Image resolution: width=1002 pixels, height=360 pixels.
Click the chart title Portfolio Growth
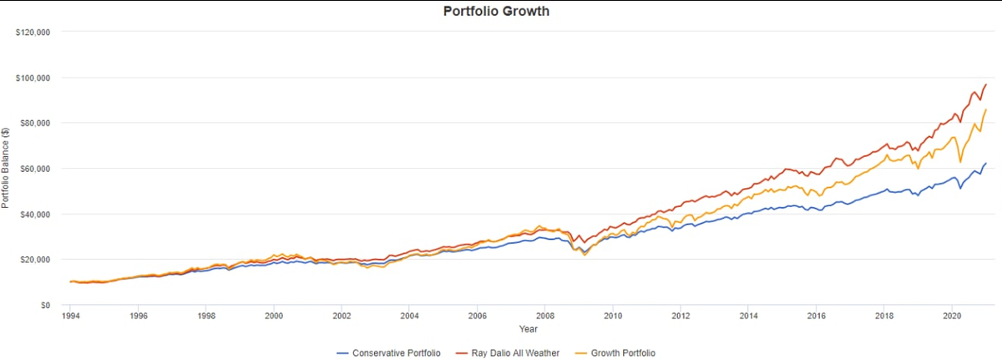point(496,12)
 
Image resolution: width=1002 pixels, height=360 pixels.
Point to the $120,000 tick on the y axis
point(34,33)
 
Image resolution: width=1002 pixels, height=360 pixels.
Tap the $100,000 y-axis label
point(34,78)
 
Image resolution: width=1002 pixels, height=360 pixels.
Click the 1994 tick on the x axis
point(71,317)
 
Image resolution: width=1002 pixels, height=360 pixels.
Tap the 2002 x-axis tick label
point(342,317)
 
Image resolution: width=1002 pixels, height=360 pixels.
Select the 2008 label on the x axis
point(544,317)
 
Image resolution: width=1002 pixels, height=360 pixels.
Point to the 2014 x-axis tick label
point(748,317)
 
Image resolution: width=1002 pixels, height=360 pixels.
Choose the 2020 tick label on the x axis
point(951,317)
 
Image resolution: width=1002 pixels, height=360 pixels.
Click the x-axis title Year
point(528,329)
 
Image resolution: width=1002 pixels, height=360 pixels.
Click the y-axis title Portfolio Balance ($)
point(7,168)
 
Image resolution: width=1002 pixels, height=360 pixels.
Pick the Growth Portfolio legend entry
point(619,353)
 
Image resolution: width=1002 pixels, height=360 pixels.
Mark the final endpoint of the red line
point(986,84)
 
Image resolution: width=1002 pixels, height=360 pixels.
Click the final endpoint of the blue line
point(986,164)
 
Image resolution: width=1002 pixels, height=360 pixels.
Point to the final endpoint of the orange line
point(986,109)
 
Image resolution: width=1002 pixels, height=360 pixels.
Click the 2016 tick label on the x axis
point(816,317)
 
